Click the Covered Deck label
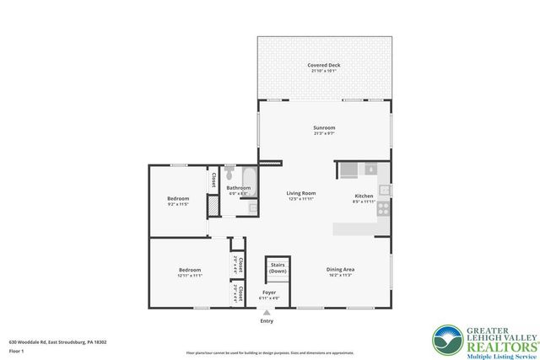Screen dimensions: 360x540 (324, 64)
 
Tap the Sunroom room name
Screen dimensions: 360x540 (324, 127)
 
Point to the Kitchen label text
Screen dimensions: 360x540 (364, 196)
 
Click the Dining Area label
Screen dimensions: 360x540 (339, 269)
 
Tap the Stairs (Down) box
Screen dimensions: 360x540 (278, 268)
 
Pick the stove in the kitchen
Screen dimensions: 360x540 (383, 207)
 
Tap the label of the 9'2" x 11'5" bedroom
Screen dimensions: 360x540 (177, 199)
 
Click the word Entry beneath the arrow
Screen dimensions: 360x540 (267, 321)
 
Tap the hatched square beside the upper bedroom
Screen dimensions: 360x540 (213, 203)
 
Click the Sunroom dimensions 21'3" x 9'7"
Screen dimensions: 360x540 (324, 134)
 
